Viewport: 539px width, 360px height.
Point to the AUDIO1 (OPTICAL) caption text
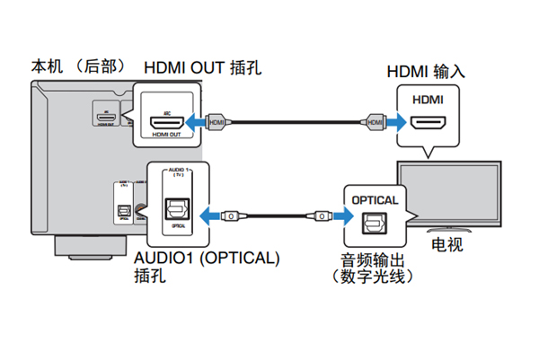(208, 259)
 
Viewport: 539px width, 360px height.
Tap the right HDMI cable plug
(373, 119)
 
